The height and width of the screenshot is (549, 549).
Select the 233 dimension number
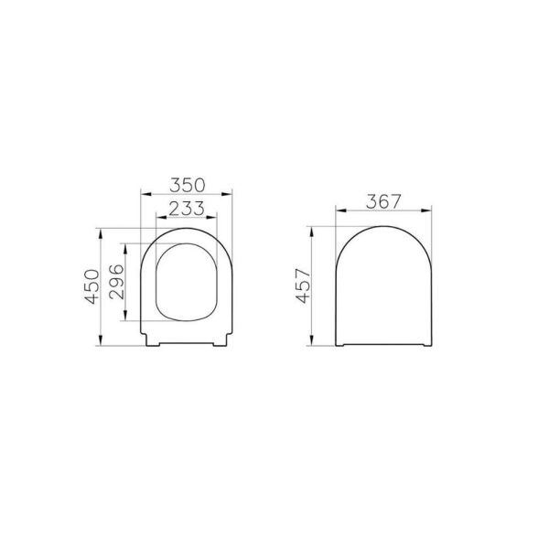coord(187,208)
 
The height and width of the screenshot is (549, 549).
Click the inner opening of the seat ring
coord(188,279)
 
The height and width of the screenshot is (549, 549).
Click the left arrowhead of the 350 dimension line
coord(144,194)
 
